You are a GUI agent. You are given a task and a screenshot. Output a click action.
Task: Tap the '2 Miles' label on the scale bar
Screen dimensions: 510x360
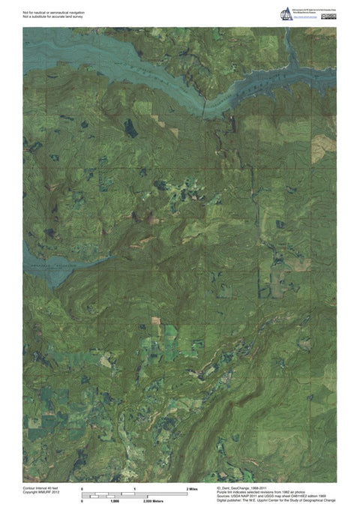click(x=191, y=488)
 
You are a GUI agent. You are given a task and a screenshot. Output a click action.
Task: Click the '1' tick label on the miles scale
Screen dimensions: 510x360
click(x=134, y=488)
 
